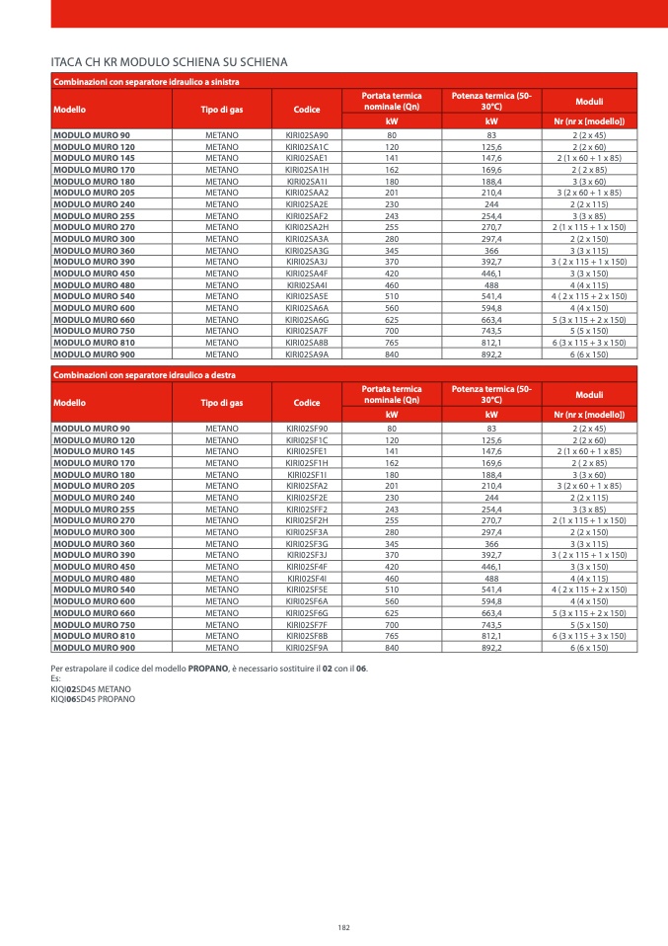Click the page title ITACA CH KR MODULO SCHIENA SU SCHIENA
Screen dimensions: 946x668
tap(169, 62)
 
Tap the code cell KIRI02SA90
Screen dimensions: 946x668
tap(307, 134)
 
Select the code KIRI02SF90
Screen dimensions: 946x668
tap(307, 429)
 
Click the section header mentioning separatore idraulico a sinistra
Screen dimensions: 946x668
tap(146, 81)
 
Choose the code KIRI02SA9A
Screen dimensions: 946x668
tap(307, 354)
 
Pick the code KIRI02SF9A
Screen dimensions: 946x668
tap(307, 648)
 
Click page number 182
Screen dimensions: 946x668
tap(343, 927)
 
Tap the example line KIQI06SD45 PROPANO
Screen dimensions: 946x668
tap(93, 698)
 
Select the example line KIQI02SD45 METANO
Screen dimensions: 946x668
tap(90, 689)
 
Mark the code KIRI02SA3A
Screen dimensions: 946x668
tap(307, 238)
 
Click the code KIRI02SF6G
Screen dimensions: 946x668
tap(307, 613)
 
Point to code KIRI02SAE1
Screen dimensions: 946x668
tap(307, 157)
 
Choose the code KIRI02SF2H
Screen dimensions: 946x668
tap(307, 520)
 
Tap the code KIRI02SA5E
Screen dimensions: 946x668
tap(307, 296)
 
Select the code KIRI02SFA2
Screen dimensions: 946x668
tap(307, 486)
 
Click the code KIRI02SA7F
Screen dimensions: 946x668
tap(307, 331)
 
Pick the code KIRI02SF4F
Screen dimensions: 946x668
tap(307, 567)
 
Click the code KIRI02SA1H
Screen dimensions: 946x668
tap(307, 169)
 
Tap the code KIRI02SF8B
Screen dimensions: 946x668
tap(307, 636)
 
